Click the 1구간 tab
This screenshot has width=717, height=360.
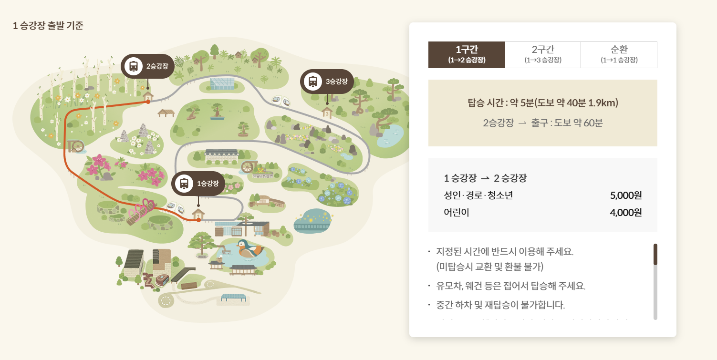point(467,55)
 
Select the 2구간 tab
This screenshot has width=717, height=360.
point(543,55)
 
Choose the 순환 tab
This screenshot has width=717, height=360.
point(619,55)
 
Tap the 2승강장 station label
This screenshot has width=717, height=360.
point(147,66)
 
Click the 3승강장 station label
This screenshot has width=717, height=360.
point(327,82)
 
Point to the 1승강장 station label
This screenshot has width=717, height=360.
point(198,184)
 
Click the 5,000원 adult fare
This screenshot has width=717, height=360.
point(625,195)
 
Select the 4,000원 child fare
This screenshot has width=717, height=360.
point(625,213)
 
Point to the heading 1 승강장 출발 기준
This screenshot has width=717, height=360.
point(48,26)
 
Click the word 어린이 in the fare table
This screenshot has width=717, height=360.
point(457,213)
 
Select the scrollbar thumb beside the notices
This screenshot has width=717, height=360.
point(655,254)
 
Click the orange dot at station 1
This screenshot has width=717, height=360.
point(198,220)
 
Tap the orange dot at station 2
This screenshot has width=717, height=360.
point(148,102)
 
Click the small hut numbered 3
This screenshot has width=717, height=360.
point(327,113)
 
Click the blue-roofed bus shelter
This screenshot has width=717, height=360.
point(233,298)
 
